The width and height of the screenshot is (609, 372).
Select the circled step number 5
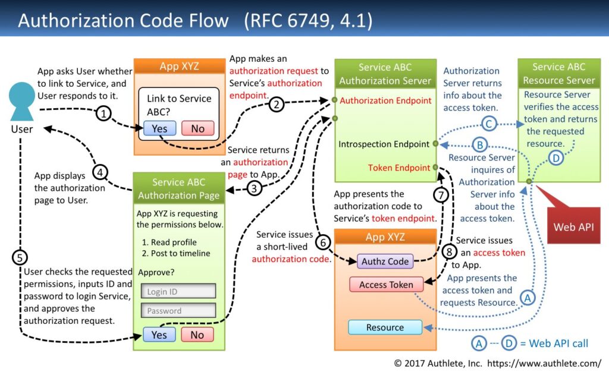tap(20, 257)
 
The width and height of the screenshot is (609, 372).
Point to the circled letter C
tap(489, 124)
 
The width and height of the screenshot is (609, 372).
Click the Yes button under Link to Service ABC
tap(159, 128)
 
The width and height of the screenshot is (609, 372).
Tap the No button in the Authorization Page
tap(197, 335)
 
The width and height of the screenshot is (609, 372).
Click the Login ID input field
tap(178, 291)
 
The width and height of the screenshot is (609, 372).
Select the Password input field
tap(178, 310)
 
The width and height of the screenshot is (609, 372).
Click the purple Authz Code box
tap(385, 261)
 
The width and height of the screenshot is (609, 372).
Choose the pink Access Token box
tap(385, 285)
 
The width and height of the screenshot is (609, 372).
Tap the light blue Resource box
tap(385, 327)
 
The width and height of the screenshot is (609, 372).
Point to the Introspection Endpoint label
tap(384, 144)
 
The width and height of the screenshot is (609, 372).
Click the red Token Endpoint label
tap(398, 168)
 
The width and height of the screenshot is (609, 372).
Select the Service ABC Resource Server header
tap(558, 74)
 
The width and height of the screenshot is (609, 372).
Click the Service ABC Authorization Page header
tap(178, 188)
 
